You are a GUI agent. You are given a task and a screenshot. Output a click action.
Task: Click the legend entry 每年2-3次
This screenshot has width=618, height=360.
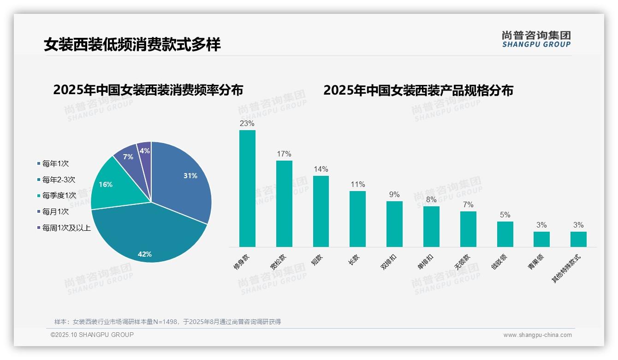click(59, 180)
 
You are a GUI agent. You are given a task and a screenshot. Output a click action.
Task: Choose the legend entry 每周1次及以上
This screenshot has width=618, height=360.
click(66, 228)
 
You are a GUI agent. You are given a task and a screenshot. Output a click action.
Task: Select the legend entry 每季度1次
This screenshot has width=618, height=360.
click(59, 196)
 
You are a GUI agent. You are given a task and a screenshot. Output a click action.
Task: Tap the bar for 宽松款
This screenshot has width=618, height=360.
click(284, 204)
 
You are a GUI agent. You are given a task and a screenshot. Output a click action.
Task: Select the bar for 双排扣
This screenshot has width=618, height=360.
click(394, 224)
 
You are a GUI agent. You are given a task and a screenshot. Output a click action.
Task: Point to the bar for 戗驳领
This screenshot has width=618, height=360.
click(505, 234)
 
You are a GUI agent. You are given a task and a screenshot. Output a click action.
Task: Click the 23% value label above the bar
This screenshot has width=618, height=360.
click(247, 124)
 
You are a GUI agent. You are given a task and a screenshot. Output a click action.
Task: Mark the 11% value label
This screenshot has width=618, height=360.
click(357, 185)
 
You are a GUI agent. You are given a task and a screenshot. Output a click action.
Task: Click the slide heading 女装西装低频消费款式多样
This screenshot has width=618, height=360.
click(132, 45)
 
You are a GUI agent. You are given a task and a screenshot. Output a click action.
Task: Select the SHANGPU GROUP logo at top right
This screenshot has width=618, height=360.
click(536, 39)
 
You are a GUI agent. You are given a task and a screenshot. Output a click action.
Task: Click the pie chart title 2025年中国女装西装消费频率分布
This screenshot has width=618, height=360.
click(148, 90)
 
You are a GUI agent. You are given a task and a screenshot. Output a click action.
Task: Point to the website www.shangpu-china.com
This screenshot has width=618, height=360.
click(537, 335)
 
